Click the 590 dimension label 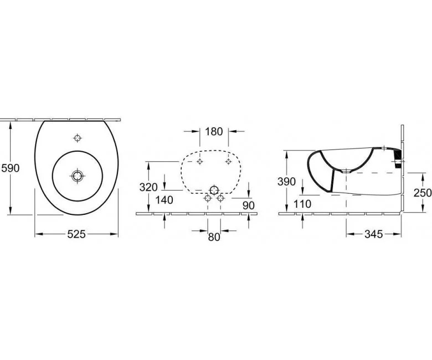coord(11,168)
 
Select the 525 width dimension coord(76,234)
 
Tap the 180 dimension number coord(214,132)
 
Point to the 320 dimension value coord(148,187)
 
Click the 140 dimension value coord(164,200)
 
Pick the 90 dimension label coord(249,205)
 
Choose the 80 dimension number coord(214,237)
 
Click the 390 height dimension coord(286,182)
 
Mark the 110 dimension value coord(302,204)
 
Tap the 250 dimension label coord(423,193)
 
